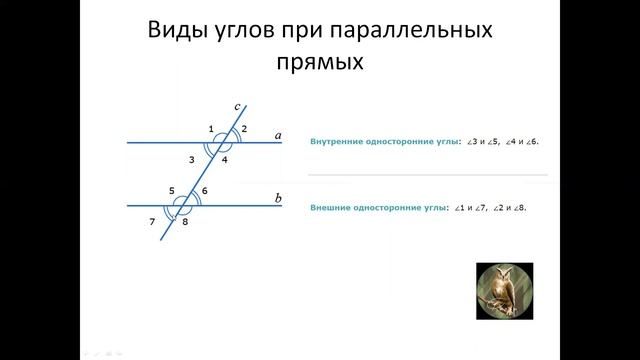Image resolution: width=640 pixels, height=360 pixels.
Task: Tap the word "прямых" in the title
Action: click(320, 63)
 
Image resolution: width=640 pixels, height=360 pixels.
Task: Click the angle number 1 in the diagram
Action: click(211, 129)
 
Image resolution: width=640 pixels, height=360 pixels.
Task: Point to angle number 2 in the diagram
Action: click(245, 129)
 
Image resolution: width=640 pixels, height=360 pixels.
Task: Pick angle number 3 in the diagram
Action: click(191, 159)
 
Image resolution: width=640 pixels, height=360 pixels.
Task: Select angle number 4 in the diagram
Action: click(225, 159)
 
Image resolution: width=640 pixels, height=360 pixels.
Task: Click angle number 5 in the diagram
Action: click(171, 190)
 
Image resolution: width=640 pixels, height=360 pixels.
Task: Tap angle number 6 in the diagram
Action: click(205, 190)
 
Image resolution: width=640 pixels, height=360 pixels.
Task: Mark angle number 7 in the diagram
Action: click(152, 221)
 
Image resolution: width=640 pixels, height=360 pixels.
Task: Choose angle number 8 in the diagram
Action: click(185, 221)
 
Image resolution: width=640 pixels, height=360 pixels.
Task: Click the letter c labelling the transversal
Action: click(237, 105)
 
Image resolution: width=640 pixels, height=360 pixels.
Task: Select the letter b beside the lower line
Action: click(278, 198)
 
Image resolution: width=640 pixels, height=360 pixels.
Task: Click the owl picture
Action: click(504, 290)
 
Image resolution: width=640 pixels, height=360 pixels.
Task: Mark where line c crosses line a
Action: click(219, 143)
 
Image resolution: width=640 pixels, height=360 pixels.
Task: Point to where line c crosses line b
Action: click(182, 205)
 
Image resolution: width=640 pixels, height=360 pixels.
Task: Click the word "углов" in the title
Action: click(258, 32)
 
